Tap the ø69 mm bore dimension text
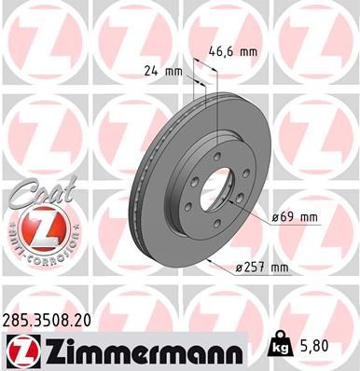click(295, 217)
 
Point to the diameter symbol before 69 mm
click(276, 217)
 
